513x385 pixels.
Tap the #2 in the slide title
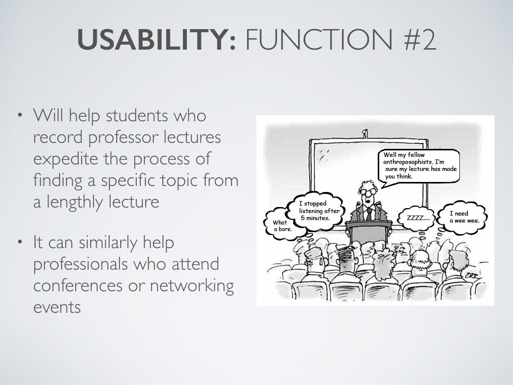(420, 39)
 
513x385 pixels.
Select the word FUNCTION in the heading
(319, 39)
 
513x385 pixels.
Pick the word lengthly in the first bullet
(103, 202)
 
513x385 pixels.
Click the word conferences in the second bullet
(78, 285)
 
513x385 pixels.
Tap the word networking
(192, 285)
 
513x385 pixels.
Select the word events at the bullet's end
(57, 307)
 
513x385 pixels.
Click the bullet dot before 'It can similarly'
(20, 242)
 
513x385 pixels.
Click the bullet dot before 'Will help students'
(20, 115)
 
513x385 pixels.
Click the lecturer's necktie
(369, 214)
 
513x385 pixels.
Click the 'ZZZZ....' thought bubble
(416, 218)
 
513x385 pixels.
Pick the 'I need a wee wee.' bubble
(462, 218)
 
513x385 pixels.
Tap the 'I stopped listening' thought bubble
(315, 211)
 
